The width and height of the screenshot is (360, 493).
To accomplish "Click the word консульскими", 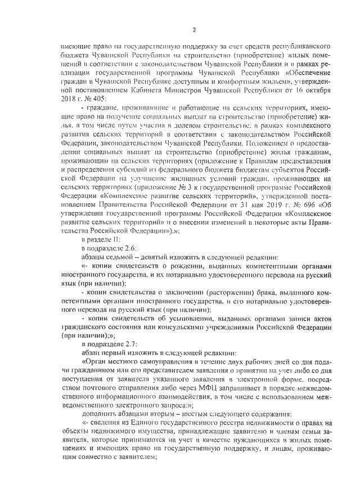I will pyautogui.click(x=186, y=327).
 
